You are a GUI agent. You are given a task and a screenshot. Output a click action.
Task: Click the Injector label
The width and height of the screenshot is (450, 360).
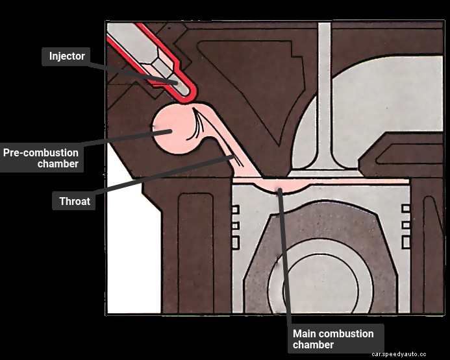(67, 56)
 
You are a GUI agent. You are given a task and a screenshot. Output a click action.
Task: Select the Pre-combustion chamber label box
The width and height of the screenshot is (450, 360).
(41, 158)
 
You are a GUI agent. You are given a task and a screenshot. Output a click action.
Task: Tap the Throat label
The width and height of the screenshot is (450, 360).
(74, 202)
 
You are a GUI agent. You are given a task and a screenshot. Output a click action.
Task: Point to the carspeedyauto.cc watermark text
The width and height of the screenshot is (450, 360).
(399, 354)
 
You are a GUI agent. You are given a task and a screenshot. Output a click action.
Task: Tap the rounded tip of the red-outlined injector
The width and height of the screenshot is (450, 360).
(185, 94)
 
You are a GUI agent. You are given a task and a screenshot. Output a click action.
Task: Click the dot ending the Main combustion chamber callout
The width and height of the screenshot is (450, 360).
(280, 191)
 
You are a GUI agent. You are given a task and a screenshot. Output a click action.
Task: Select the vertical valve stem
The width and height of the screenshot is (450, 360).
(324, 91)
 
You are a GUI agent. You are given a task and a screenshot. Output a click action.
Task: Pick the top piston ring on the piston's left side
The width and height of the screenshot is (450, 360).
(236, 210)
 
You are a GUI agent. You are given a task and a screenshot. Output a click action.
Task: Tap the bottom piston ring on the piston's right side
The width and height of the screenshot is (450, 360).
(406, 242)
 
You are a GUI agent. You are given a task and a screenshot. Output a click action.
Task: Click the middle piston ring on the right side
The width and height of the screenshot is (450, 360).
(406, 226)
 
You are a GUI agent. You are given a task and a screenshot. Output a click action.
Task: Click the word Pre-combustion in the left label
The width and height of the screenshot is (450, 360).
(41, 153)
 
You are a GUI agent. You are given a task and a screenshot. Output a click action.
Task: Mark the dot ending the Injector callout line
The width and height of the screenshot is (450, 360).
(175, 82)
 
